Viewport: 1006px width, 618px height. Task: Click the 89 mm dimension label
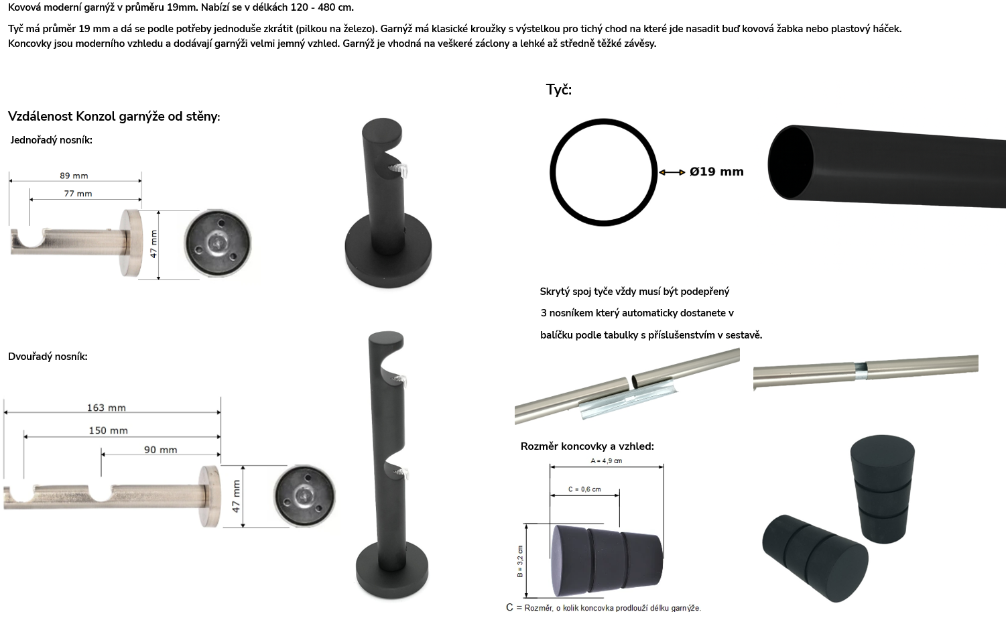point(74,176)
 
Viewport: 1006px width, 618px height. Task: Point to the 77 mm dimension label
point(78,194)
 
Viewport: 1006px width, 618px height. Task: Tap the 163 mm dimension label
point(107,408)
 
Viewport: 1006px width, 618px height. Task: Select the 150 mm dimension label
point(108,431)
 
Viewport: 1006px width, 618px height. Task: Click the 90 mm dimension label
point(161,450)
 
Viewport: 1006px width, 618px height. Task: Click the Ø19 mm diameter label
point(716,172)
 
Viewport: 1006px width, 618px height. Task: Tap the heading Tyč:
point(559,89)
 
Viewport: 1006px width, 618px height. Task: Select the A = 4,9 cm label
point(607,460)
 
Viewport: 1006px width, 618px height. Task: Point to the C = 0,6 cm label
point(584,489)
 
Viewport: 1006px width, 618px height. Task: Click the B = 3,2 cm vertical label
point(520,562)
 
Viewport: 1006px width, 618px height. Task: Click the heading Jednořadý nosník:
point(51,140)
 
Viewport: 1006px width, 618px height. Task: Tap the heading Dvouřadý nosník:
point(48,357)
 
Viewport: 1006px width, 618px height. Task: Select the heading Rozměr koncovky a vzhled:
point(587,446)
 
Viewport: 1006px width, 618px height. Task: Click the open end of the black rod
point(790,162)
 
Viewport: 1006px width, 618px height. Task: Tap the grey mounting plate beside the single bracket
point(218,243)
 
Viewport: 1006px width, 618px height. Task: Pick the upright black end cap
point(883,489)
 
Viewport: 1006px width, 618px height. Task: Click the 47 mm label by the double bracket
point(236,496)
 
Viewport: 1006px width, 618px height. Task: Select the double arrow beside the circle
point(672,172)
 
